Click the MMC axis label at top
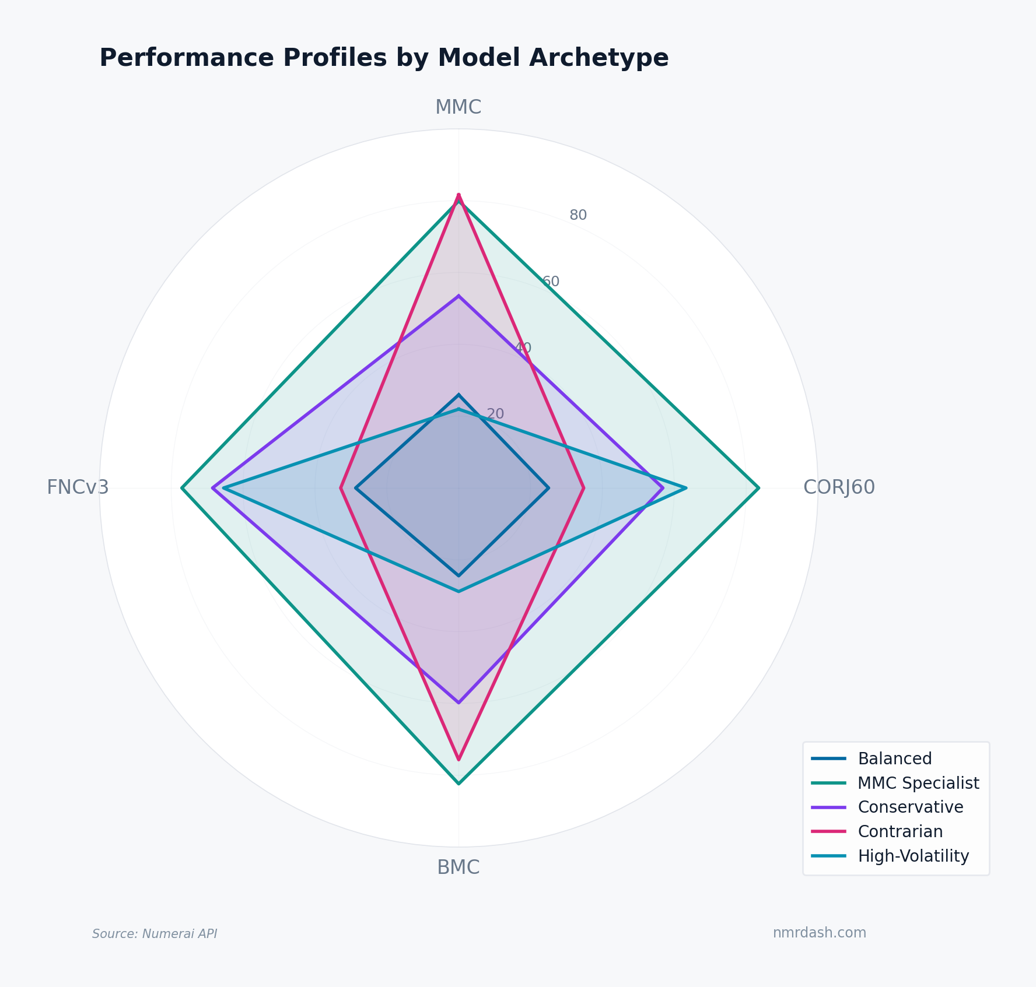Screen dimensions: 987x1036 click(459, 107)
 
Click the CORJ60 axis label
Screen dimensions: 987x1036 click(839, 487)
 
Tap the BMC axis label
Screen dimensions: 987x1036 click(459, 867)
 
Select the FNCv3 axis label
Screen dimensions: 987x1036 click(78, 487)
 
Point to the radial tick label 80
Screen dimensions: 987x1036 click(578, 215)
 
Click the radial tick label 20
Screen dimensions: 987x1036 click(495, 414)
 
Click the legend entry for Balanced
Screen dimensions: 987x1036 click(895, 758)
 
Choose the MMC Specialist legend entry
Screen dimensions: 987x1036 click(918, 783)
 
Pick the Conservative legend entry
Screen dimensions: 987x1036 click(910, 807)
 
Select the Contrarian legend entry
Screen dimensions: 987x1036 click(900, 831)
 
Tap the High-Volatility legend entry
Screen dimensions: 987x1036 click(913, 856)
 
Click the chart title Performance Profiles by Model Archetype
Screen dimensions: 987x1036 click(384, 58)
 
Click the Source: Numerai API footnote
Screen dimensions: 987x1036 click(155, 934)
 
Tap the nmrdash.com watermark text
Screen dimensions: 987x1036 click(820, 933)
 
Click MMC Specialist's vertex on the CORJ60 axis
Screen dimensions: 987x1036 click(759, 488)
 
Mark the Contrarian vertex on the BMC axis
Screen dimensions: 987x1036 click(459, 760)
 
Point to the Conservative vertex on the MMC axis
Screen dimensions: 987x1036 click(459, 296)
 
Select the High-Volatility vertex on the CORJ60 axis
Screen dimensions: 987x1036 click(686, 488)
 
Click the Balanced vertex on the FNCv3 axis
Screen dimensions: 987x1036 click(356, 488)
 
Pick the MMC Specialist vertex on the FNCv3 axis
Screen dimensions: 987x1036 click(182, 488)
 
